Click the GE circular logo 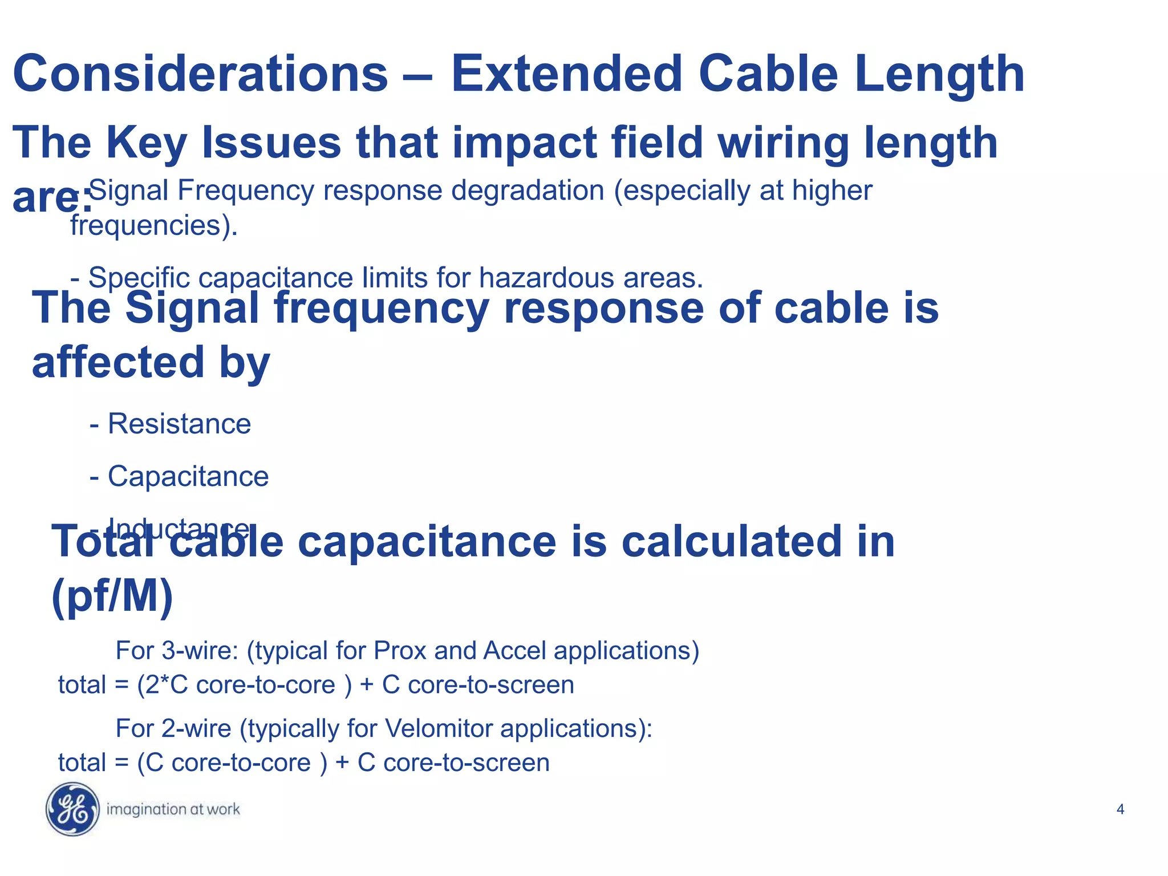72,809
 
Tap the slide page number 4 1120,809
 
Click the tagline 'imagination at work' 173,809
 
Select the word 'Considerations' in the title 200,74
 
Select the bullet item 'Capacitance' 188,476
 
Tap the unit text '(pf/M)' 112,596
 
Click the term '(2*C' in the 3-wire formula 163,685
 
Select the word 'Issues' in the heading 271,143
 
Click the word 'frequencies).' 154,226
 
